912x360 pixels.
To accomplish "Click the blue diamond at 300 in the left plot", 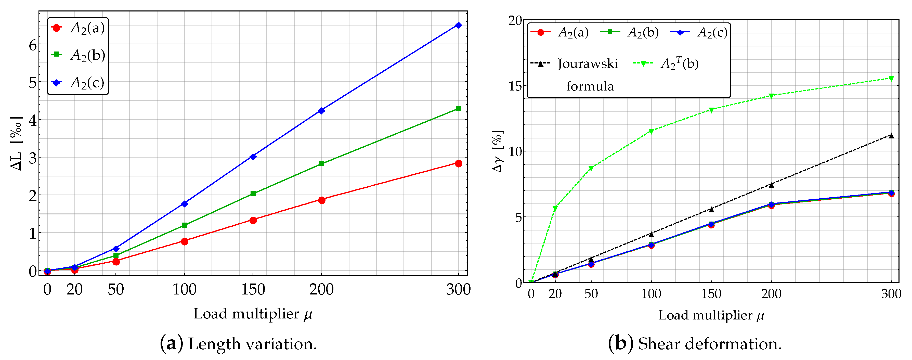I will click(459, 25).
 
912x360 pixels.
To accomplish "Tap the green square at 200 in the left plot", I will click(321, 163).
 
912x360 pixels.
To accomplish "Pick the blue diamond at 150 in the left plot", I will click(253, 157).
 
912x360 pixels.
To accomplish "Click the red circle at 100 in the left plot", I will click(185, 241).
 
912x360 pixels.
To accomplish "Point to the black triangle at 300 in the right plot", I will click(891, 136).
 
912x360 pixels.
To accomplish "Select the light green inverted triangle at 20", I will click(555, 208).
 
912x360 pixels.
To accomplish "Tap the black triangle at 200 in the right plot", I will click(771, 185).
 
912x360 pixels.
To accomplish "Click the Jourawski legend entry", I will click(588, 64).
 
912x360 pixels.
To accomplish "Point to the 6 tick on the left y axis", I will click(33, 45).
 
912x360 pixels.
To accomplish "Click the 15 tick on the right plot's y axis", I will click(515, 86).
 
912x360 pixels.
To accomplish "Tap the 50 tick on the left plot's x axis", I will click(116, 290).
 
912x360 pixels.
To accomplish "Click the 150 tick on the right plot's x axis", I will click(711, 294).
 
